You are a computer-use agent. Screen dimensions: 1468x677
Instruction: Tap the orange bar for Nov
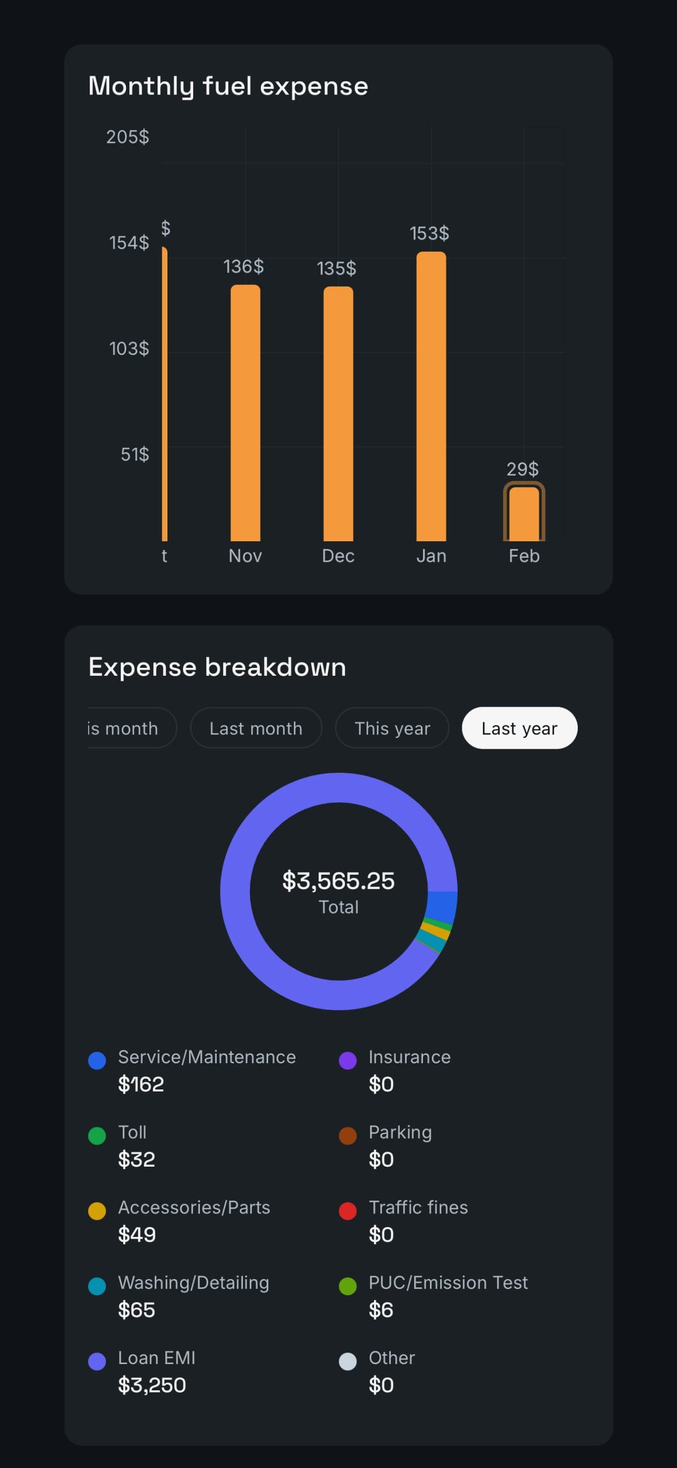coord(245,413)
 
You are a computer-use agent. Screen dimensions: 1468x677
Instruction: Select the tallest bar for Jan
coord(431,396)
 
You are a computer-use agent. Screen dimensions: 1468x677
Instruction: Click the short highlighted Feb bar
coord(524,513)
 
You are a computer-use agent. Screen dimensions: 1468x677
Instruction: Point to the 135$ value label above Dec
coord(336,268)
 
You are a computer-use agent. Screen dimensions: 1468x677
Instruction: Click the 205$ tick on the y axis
coord(128,137)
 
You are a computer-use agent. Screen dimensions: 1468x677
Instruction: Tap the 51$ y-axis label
coord(134,454)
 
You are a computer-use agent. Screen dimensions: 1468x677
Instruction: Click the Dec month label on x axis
coord(338,555)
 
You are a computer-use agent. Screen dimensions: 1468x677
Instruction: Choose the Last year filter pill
coord(519,728)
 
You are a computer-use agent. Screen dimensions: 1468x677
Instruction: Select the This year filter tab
coord(392,728)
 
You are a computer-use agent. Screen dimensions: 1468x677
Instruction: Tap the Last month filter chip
coord(256,728)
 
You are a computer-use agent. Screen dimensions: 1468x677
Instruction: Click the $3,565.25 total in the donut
coord(338,881)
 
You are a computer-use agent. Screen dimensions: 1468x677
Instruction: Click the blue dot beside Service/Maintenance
coord(97,1061)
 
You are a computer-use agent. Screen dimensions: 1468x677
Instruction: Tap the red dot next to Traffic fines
coord(347,1211)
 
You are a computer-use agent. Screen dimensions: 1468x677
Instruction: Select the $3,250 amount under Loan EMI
coord(152,1385)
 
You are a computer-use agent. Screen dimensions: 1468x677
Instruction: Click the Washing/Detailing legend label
coord(193,1282)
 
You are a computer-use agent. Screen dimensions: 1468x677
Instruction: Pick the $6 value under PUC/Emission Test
coord(380,1309)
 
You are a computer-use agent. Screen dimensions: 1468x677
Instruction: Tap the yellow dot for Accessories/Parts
coord(97,1211)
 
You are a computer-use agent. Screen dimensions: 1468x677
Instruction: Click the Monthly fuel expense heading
coord(228,86)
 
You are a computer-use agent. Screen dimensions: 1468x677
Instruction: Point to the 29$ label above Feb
coord(522,469)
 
